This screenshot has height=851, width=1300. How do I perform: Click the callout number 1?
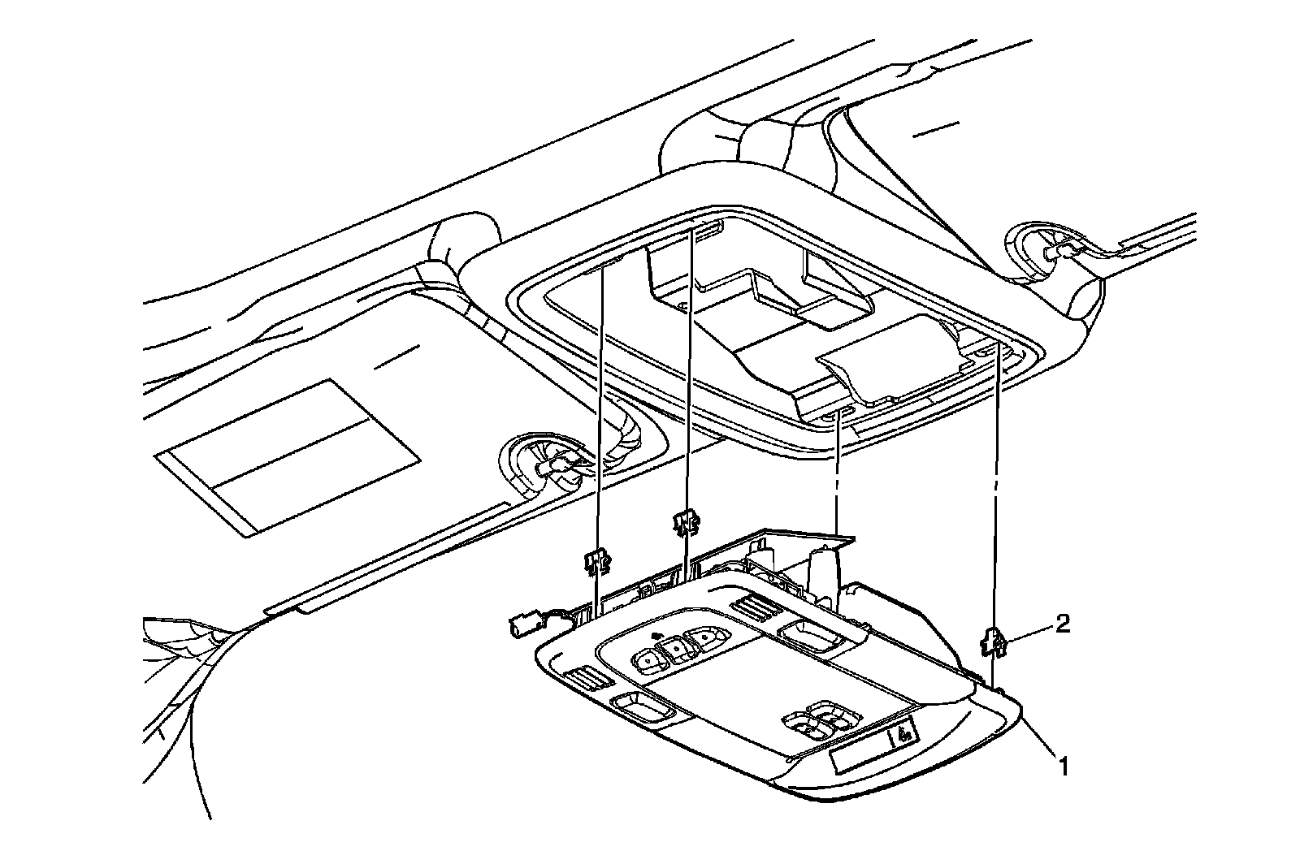(x=1062, y=764)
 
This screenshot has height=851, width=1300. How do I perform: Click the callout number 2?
(x=1063, y=624)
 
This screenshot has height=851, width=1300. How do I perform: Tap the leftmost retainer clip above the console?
(x=597, y=559)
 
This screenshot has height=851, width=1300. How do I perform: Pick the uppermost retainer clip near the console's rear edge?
(x=686, y=522)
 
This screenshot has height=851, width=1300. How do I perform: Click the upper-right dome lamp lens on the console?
(x=804, y=631)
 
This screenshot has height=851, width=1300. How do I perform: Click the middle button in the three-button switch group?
(x=674, y=649)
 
